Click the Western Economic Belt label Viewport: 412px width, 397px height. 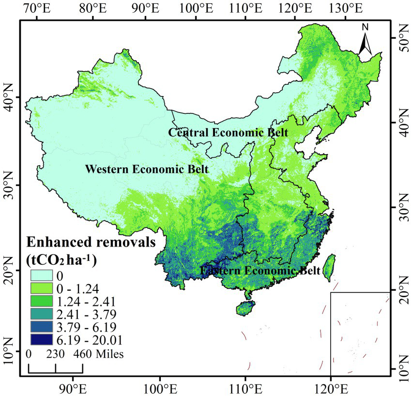click(x=147, y=170)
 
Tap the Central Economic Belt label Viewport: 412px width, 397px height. click(x=228, y=132)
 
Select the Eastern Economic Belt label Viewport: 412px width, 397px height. click(x=260, y=270)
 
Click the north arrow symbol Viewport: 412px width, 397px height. click(x=365, y=41)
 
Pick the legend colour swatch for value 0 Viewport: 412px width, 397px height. click(x=43, y=275)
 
